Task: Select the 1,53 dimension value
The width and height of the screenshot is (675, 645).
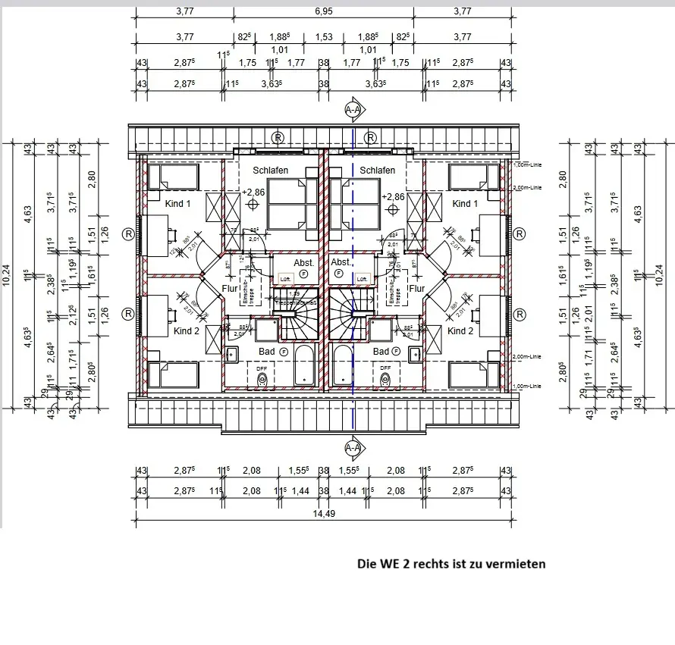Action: pos(324,36)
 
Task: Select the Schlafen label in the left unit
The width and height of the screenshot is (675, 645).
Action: pos(270,171)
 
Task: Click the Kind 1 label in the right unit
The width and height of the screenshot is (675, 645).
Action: pos(464,203)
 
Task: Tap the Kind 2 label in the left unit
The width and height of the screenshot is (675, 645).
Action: pos(186,331)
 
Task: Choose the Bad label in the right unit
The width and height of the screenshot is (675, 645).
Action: pos(381,352)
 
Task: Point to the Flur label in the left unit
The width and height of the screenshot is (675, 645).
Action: pos(230,288)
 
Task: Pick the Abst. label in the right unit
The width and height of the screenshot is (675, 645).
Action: pos(341,262)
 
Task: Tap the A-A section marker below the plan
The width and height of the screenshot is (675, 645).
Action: pos(353,448)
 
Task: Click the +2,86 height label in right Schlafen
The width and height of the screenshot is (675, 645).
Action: pos(393,196)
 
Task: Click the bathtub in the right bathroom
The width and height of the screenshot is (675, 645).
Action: pos(343,368)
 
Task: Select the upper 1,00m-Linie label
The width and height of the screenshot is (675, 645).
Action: pos(528,164)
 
